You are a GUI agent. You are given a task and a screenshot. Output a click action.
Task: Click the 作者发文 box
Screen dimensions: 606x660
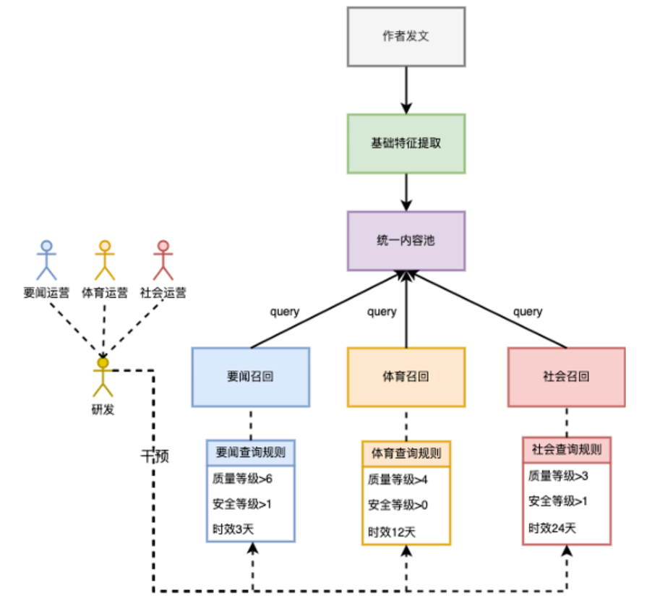(406, 36)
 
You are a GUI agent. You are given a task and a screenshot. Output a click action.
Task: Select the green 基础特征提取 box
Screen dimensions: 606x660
(406, 143)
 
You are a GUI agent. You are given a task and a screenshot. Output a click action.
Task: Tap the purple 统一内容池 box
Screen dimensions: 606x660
(406, 241)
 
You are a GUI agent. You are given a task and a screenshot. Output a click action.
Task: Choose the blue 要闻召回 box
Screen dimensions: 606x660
(250, 377)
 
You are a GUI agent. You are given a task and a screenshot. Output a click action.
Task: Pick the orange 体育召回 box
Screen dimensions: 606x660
(406, 377)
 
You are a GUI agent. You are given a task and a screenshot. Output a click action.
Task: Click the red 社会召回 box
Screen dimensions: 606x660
(566, 377)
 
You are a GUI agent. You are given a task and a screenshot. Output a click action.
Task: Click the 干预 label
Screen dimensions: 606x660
(154, 456)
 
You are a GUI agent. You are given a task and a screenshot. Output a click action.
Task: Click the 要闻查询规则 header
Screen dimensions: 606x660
(250, 453)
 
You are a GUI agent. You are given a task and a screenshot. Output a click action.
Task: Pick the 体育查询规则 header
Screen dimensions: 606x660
(406, 453)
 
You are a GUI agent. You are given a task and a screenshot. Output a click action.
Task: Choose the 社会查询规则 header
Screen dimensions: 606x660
(566, 449)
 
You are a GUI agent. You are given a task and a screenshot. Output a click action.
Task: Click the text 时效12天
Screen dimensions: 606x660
(392, 532)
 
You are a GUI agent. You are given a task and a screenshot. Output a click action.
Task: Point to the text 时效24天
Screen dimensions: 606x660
(552, 528)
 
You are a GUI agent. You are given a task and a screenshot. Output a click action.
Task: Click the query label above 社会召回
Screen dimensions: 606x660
(528, 312)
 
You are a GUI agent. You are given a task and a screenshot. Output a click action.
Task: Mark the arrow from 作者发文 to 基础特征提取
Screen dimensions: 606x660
(406, 90)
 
